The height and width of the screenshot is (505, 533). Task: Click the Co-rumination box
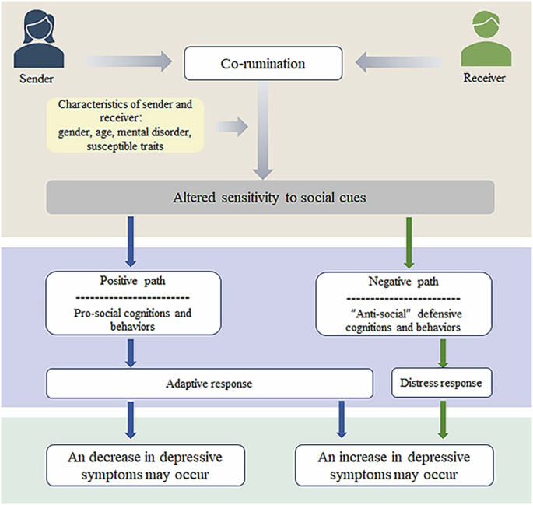(263, 63)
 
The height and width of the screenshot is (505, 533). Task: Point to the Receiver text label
(484, 79)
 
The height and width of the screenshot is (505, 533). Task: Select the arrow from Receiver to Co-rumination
(401, 59)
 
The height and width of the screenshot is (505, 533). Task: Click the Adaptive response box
(210, 384)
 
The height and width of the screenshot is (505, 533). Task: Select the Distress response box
(440, 384)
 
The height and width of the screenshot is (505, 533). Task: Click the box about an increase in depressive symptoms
(395, 465)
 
